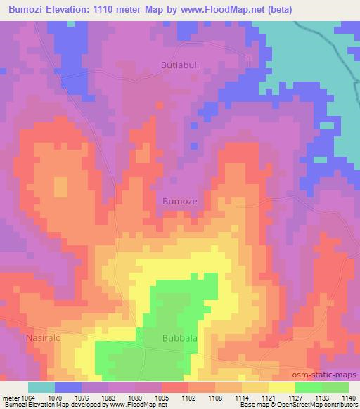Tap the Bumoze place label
[x=181, y=200]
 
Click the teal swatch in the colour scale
[x=41, y=387]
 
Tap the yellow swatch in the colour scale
[x=282, y=387]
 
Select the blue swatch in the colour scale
[x=68, y=387]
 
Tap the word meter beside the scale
[x=9, y=397]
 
